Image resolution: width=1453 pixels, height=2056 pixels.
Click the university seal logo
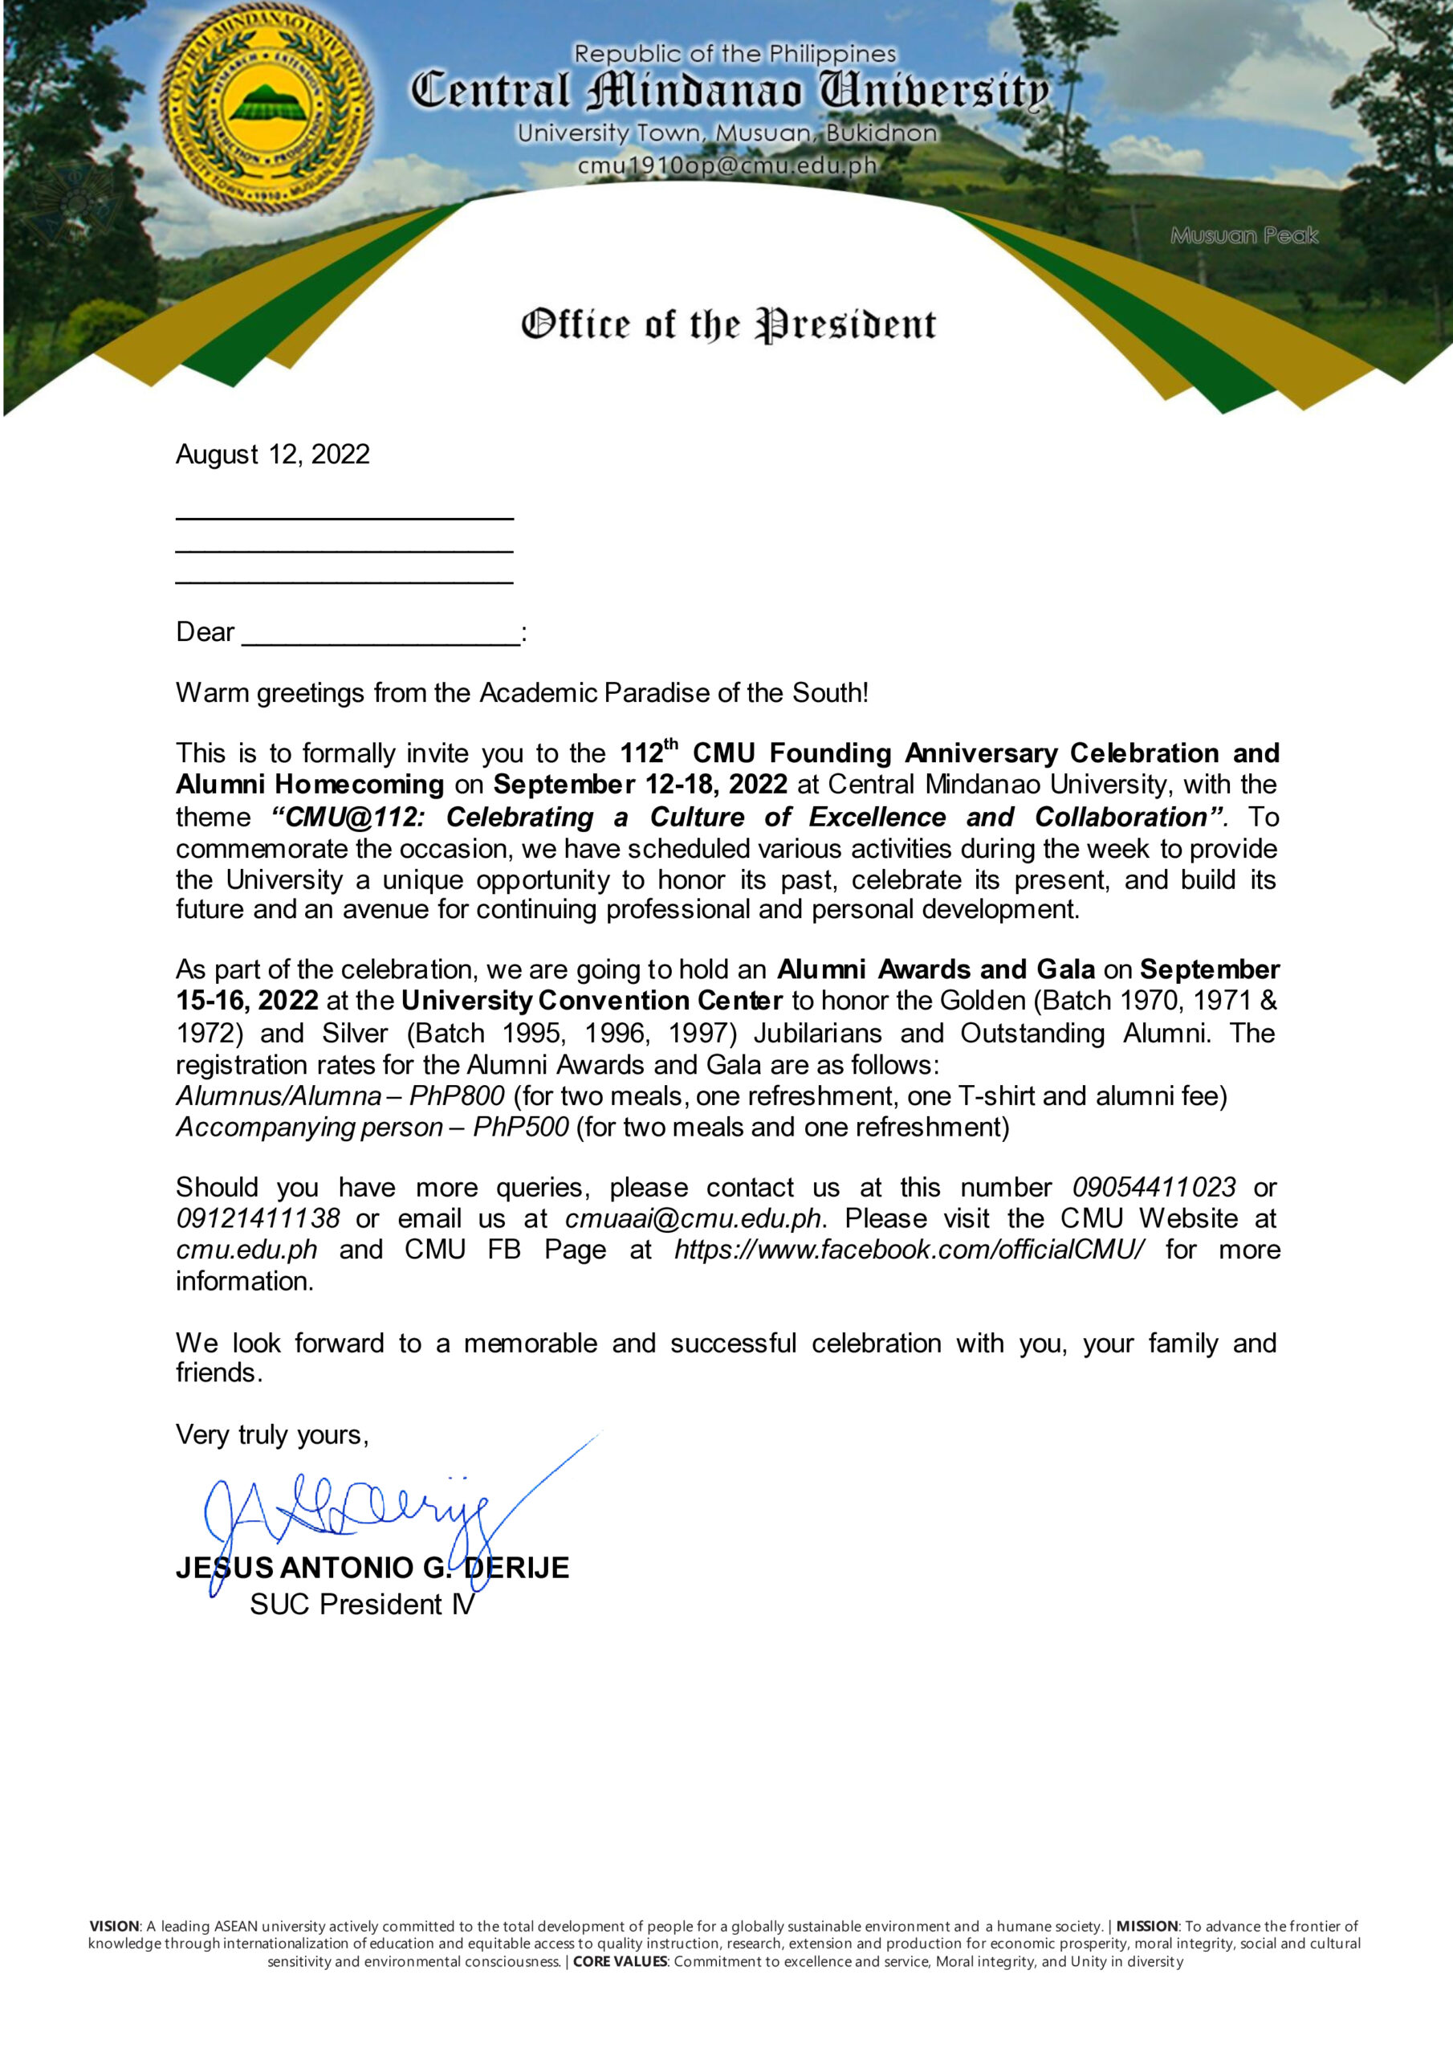tap(267, 107)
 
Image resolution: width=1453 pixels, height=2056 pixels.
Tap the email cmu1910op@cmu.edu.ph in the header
tap(727, 165)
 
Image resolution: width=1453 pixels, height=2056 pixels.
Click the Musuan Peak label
tap(1243, 235)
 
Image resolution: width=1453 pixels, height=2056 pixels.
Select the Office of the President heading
tap(728, 324)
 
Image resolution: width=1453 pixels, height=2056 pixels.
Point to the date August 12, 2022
tap(272, 454)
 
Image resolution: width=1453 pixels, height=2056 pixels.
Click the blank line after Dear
tap(381, 634)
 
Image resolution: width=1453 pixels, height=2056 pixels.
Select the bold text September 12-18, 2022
tap(640, 785)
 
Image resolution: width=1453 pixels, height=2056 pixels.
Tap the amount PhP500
tap(520, 1127)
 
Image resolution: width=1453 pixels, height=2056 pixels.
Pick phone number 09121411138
tap(258, 1218)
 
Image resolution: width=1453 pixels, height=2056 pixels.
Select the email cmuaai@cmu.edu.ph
tap(693, 1218)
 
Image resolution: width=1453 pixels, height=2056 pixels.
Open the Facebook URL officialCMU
tap(909, 1250)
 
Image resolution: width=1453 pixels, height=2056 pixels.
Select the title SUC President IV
tap(362, 1604)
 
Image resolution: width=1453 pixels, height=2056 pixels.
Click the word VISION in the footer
tap(114, 1926)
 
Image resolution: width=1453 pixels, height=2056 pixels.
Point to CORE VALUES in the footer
tap(620, 1962)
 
